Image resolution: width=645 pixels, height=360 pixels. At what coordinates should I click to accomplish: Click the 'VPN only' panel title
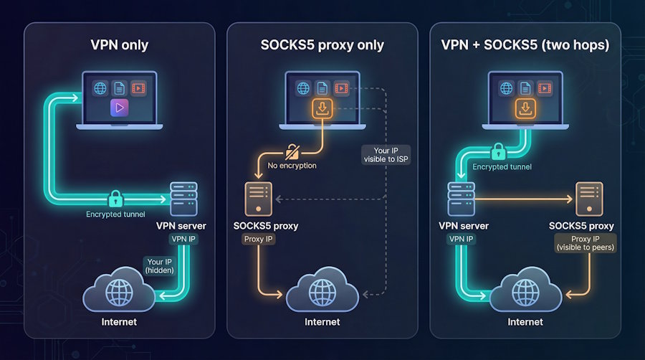pyautogui.click(x=119, y=45)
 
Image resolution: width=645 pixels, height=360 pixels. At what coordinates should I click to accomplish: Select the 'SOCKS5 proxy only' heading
pyautogui.click(x=322, y=45)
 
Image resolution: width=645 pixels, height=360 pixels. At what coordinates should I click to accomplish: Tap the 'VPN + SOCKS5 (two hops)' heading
pyautogui.click(x=525, y=45)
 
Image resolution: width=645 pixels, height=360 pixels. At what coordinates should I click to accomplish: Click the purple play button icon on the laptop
pyautogui.click(x=119, y=108)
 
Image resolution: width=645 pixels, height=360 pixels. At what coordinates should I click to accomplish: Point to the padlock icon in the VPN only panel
pyautogui.click(x=115, y=199)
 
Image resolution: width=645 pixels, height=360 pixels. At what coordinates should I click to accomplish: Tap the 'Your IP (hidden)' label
pyautogui.click(x=159, y=266)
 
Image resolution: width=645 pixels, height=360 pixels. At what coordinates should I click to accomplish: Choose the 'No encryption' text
pyautogui.click(x=292, y=166)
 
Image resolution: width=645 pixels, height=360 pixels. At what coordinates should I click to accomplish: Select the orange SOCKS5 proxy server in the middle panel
pyautogui.click(x=258, y=199)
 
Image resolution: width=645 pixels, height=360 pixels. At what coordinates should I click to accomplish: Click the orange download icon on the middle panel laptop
pyautogui.click(x=322, y=108)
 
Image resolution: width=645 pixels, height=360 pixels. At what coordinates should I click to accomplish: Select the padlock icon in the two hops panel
pyautogui.click(x=497, y=151)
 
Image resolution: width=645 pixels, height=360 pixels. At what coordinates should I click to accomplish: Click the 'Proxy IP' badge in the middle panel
pyautogui.click(x=257, y=238)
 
